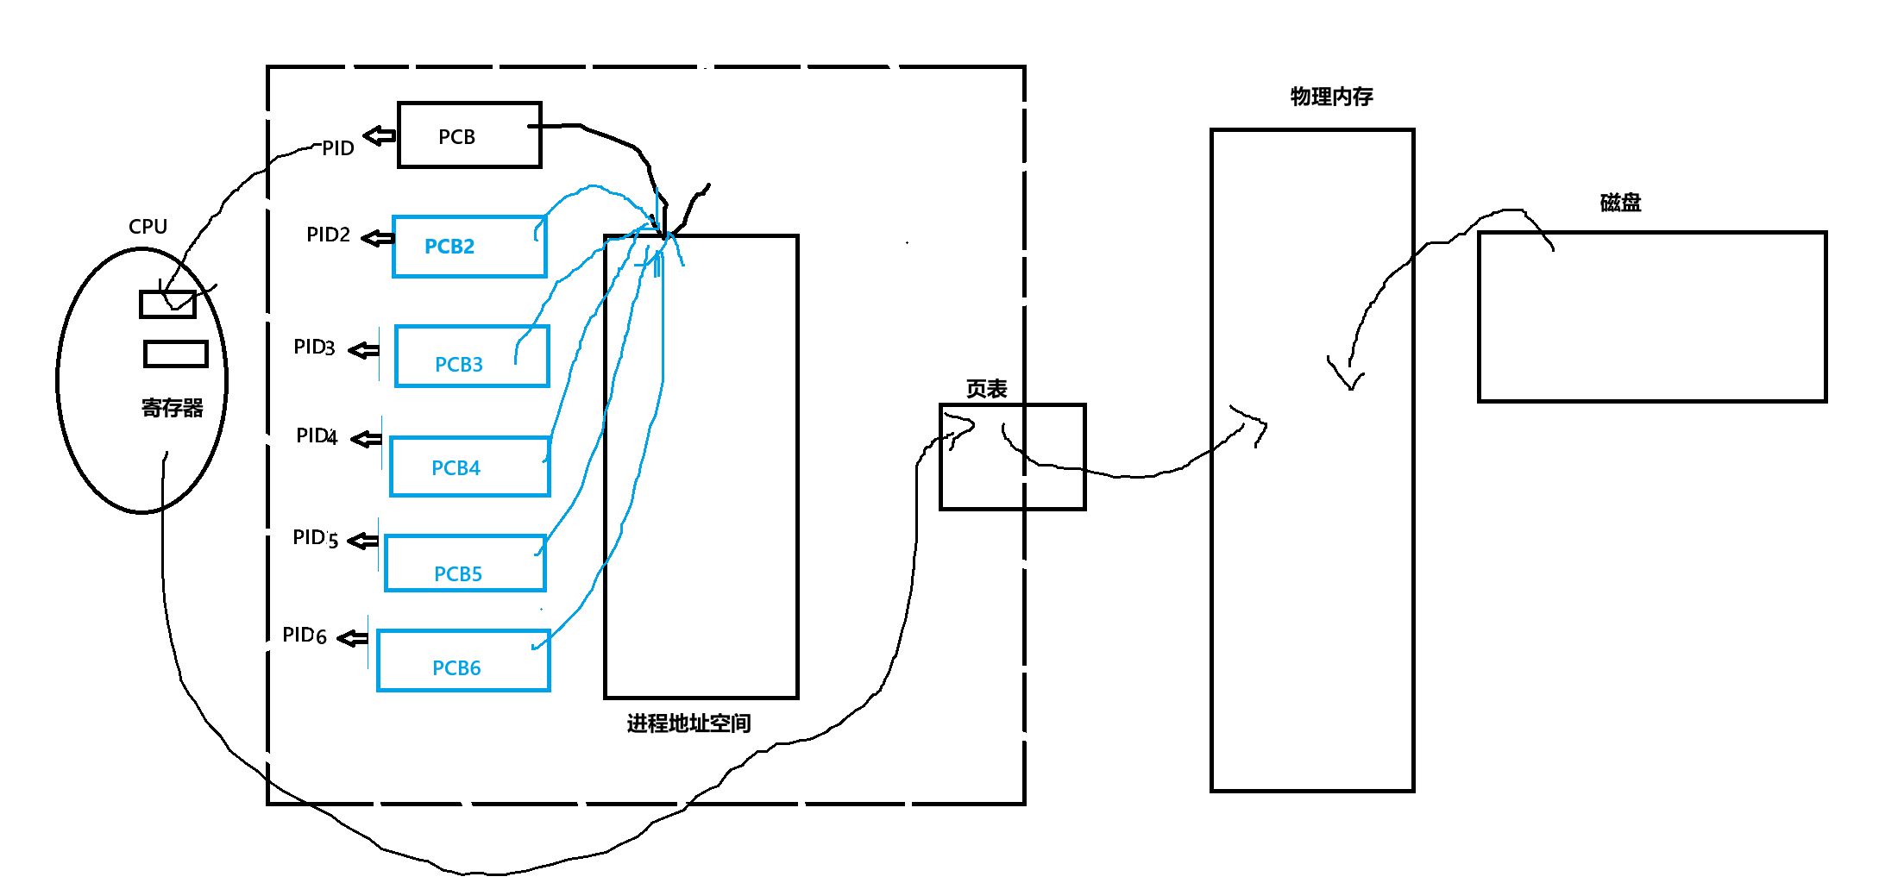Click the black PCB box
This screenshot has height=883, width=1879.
click(x=469, y=135)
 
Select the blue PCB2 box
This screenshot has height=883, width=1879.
click(x=469, y=247)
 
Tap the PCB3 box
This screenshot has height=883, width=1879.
click(x=472, y=356)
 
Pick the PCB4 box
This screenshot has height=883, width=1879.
click(x=470, y=467)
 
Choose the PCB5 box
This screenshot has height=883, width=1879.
click(x=465, y=563)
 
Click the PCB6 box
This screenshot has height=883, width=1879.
click(x=463, y=661)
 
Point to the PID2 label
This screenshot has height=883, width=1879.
click(x=328, y=235)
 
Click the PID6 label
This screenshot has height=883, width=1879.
click(x=305, y=636)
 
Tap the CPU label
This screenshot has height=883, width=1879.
click(x=148, y=227)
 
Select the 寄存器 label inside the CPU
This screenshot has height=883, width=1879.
click(x=173, y=408)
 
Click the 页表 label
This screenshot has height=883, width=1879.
click(x=986, y=389)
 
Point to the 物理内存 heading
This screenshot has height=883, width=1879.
click(x=1331, y=97)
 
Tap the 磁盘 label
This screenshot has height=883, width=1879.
click(x=1620, y=203)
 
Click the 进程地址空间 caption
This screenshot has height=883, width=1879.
click(x=688, y=723)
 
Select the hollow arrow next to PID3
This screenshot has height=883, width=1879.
click(x=363, y=350)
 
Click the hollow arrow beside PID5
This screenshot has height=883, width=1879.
click(x=362, y=541)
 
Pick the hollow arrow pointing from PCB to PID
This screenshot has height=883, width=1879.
click(x=379, y=135)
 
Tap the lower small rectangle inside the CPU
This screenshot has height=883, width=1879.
click(x=175, y=354)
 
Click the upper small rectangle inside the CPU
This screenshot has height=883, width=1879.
click(x=167, y=304)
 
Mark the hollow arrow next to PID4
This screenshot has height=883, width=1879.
click(x=366, y=439)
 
